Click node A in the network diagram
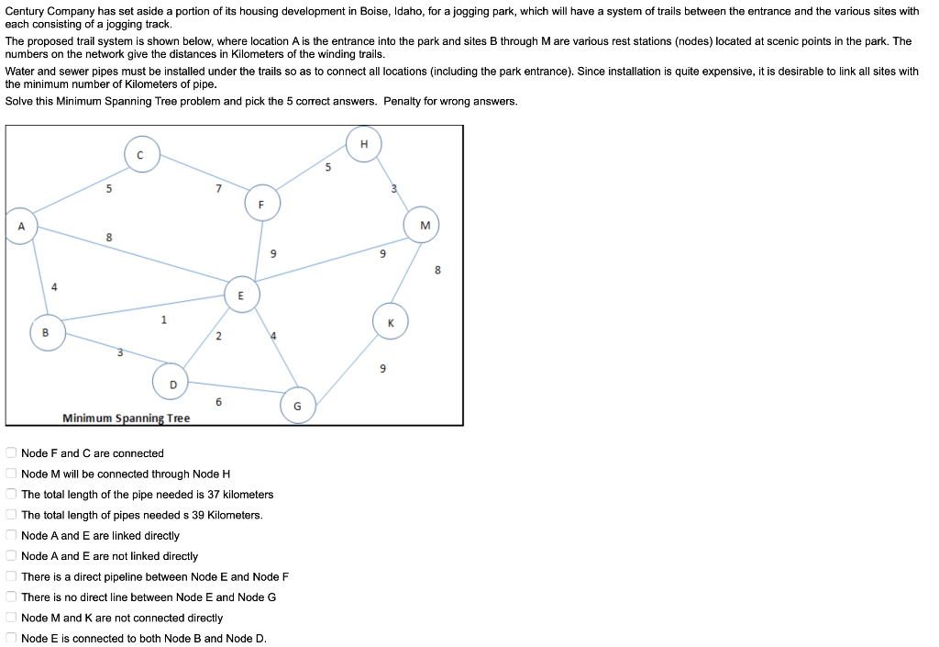tap(20, 227)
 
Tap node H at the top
tap(364, 144)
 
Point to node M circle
tap(424, 225)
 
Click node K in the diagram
tap(390, 321)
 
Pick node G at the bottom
tap(297, 406)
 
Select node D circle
tap(171, 383)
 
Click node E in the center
tap(241, 295)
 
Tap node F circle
tap(261, 204)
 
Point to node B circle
tap(47, 332)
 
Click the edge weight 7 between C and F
tap(217, 188)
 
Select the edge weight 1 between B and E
tap(163, 319)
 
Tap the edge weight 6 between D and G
tap(218, 402)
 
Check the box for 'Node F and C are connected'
tap(10, 452)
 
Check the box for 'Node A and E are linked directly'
tap(10, 535)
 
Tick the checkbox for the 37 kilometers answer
tap(10, 494)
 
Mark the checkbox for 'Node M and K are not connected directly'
tap(10, 618)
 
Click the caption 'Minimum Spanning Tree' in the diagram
tap(127, 418)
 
